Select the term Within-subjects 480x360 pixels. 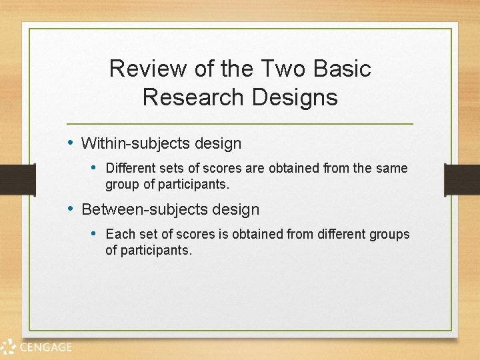pyautogui.click(x=135, y=143)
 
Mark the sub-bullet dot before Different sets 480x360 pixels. pyautogui.click(x=94, y=168)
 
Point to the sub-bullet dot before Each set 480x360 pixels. pyautogui.click(x=94, y=234)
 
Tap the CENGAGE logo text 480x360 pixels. pyautogui.click(x=45, y=347)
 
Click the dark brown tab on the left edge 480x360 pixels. pyautogui.click(x=17, y=179)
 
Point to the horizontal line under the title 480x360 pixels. pyautogui.click(x=240, y=124)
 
